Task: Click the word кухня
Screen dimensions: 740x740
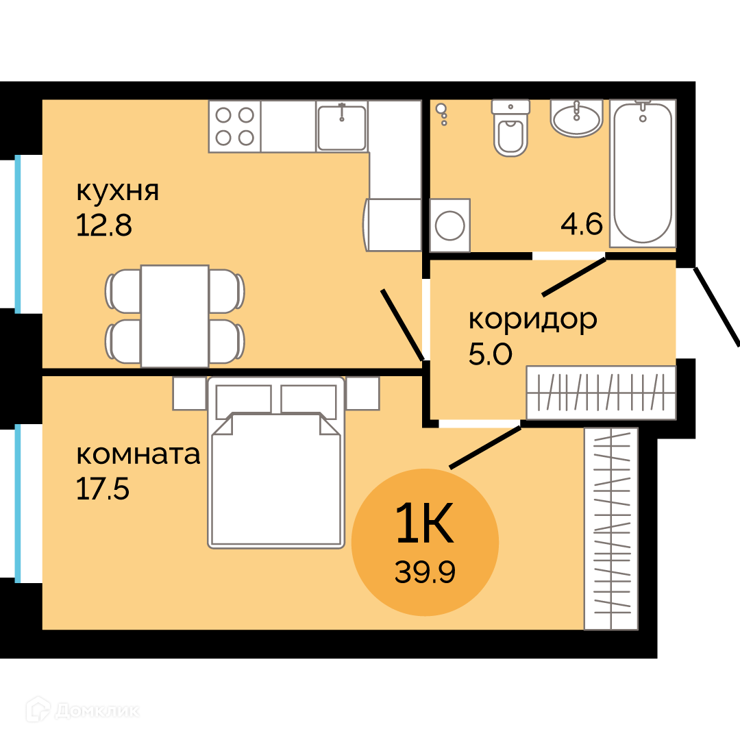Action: [x=118, y=192]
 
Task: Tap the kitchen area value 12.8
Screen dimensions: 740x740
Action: [x=104, y=225]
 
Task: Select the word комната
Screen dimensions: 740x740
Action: [x=138, y=454]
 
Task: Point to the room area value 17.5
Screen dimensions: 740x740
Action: [x=102, y=489]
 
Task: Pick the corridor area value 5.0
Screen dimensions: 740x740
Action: [x=491, y=354]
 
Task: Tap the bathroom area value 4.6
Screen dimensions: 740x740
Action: [x=582, y=223]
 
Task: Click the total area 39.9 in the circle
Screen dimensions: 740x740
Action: [x=425, y=572]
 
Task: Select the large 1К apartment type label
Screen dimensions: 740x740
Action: [x=425, y=522]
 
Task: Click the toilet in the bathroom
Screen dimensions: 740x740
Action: [x=510, y=127]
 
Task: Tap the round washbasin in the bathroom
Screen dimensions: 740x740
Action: [x=577, y=118]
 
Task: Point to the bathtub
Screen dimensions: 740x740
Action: [x=643, y=173]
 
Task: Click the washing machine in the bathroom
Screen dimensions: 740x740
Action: [x=449, y=225]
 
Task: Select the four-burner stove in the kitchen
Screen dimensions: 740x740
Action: [x=234, y=127]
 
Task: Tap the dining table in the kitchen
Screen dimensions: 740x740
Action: [x=175, y=316]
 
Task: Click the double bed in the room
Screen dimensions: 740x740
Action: [x=276, y=463]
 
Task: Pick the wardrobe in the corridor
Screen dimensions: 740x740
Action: [x=602, y=393]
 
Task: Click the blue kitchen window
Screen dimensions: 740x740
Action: [x=18, y=234]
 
